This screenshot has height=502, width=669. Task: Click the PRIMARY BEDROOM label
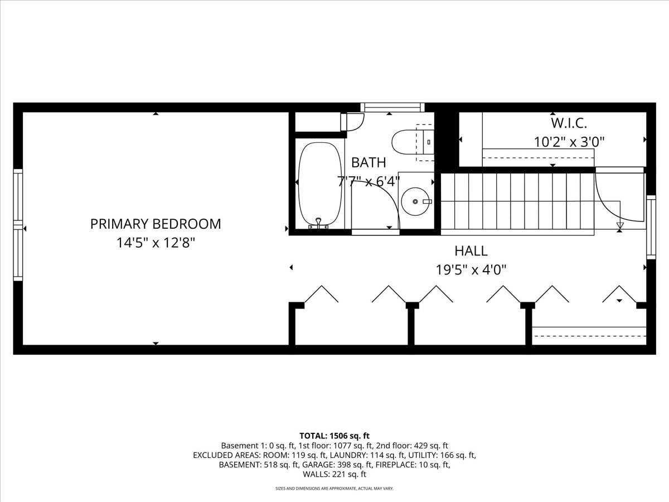[x=156, y=224]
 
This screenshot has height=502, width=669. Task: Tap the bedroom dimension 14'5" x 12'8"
[x=156, y=243]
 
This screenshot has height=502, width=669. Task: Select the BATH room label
[x=369, y=162]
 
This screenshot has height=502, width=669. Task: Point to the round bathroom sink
[x=415, y=201]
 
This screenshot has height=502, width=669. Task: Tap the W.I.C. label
[x=569, y=123]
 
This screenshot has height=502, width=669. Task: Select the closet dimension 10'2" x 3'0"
[x=569, y=142]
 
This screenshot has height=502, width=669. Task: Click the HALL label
[x=471, y=251]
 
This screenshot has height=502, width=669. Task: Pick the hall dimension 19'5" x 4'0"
[x=471, y=270]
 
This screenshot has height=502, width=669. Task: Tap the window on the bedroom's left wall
[x=18, y=225]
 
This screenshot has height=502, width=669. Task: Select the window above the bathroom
[x=392, y=107]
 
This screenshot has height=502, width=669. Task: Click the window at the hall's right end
[x=651, y=228]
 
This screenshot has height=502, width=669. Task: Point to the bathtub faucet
[x=318, y=223]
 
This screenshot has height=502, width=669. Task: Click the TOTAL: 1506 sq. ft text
[x=334, y=436]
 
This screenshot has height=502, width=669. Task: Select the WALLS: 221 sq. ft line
[x=334, y=474]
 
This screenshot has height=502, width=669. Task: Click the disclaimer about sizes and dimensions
[x=334, y=489]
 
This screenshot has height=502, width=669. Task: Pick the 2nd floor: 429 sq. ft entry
[x=412, y=446]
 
